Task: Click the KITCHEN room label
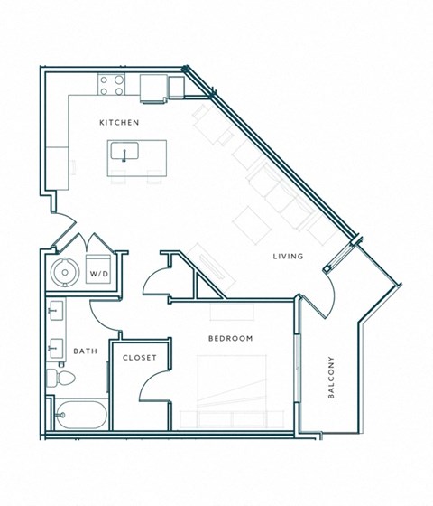[119, 121]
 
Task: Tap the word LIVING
[288, 257]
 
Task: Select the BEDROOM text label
[230, 339]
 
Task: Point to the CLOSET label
[140, 358]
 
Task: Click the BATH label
[86, 351]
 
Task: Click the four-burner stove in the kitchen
[112, 85]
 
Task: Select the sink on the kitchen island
[122, 152]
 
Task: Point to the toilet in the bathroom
[56, 377]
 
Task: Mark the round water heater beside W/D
[63, 269]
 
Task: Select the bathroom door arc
[99, 314]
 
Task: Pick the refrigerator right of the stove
[153, 86]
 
